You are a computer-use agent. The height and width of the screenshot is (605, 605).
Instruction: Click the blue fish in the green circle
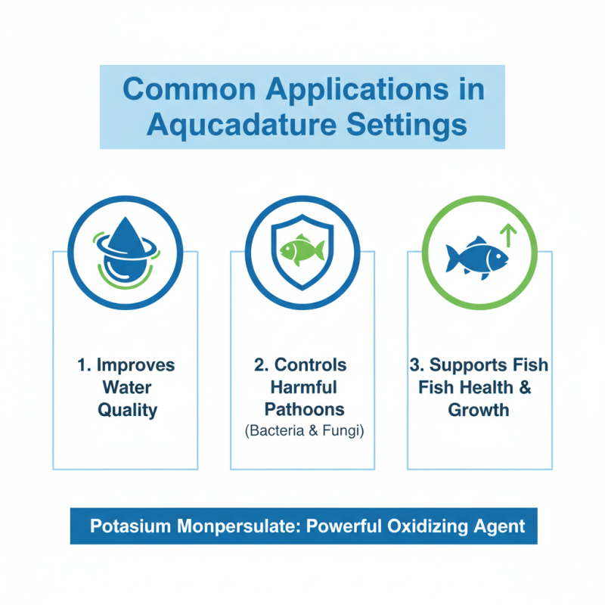coord(475,256)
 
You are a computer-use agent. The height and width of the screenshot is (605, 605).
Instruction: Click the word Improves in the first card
coord(135,365)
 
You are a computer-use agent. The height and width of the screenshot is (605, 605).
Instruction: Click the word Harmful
coord(302,387)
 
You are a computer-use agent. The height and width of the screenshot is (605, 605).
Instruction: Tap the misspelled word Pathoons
coord(302,410)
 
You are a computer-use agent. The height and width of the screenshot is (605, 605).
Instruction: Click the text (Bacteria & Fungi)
coord(302,432)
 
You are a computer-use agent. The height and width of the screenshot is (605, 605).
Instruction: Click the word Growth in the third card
coord(478,410)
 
